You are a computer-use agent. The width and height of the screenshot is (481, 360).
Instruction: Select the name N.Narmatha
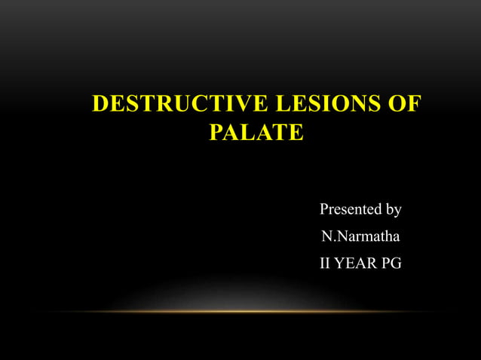click(360, 236)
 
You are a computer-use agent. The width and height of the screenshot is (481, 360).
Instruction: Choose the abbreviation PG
click(392, 264)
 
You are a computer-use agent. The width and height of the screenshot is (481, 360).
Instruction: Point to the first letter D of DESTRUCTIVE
click(100, 104)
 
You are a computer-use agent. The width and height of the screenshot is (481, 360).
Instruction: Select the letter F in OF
click(412, 104)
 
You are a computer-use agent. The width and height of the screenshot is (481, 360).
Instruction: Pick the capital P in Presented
click(325, 209)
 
